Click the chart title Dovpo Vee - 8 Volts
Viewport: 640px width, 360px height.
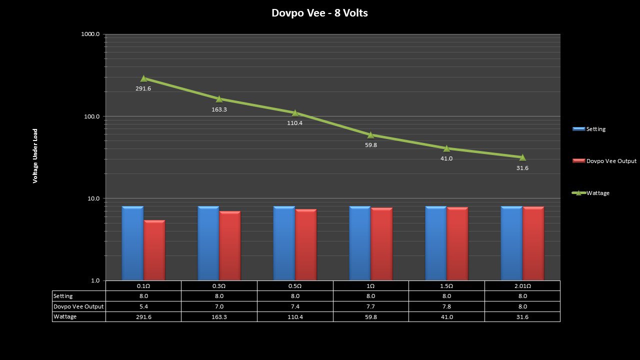[319, 13]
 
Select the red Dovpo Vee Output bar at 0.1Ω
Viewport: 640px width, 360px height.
[154, 250]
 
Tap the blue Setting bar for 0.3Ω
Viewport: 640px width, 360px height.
[208, 243]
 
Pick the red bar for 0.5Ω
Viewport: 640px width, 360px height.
[305, 244]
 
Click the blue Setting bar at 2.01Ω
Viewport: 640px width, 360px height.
[511, 243]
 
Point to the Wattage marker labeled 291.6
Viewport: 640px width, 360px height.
[143, 78]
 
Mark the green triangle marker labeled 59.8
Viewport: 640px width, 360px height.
[370, 135]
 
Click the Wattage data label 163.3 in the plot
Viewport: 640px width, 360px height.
[219, 109]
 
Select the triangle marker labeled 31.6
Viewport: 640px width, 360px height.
[522, 157]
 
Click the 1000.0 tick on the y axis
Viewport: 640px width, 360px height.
[90, 34]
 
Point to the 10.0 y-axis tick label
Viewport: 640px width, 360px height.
[92, 198]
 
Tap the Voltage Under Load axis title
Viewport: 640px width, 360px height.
[35, 156]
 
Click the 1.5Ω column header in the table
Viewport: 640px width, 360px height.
[446, 286]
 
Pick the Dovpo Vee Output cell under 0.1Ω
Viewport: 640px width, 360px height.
[143, 306]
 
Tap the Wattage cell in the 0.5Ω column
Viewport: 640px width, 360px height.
[295, 317]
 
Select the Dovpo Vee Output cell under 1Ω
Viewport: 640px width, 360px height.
[370, 306]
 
